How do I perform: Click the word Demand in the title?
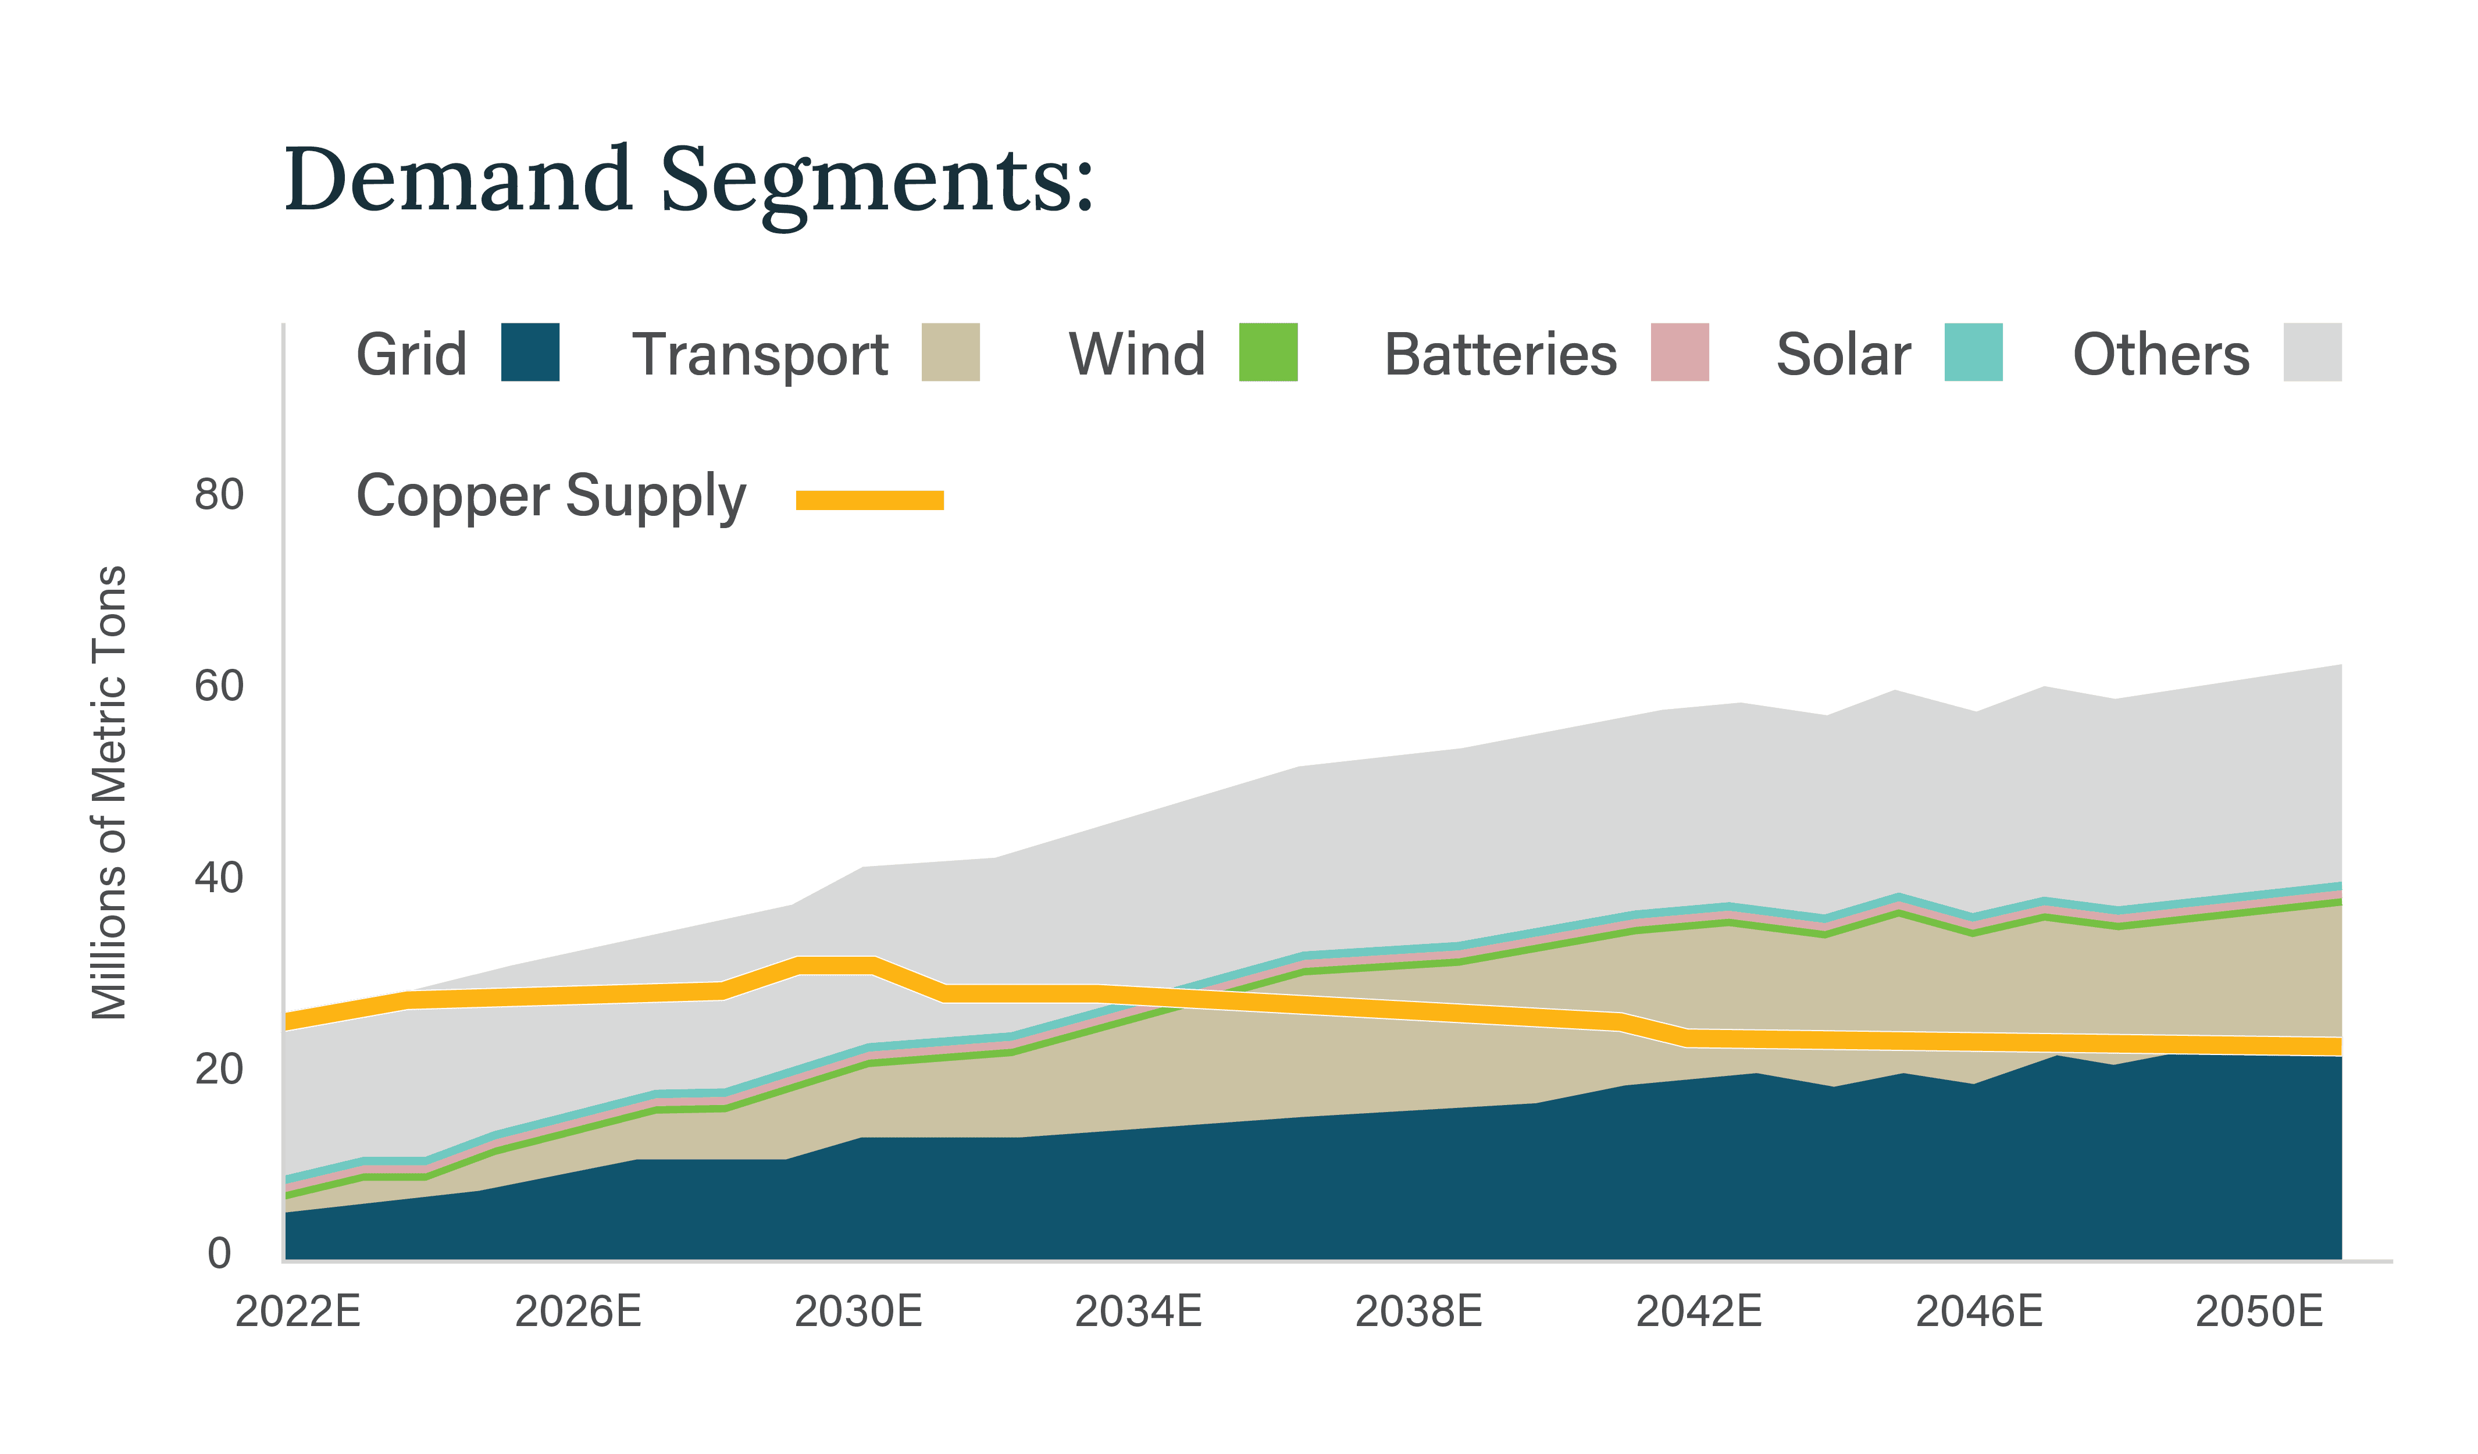(457, 179)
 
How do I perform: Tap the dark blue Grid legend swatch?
(530, 352)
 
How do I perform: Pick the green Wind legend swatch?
(1268, 352)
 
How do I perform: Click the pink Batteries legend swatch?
(1680, 352)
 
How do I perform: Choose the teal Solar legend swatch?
(1974, 352)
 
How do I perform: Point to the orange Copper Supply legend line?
(869, 500)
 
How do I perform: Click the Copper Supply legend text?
(551, 497)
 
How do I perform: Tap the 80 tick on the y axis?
(218, 494)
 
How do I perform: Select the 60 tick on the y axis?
(218, 686)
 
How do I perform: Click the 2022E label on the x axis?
(298, 1312)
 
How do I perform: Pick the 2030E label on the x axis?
(858, 1312)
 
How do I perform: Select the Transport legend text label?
(760, 354)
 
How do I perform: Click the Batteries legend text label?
(1500, 354)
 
